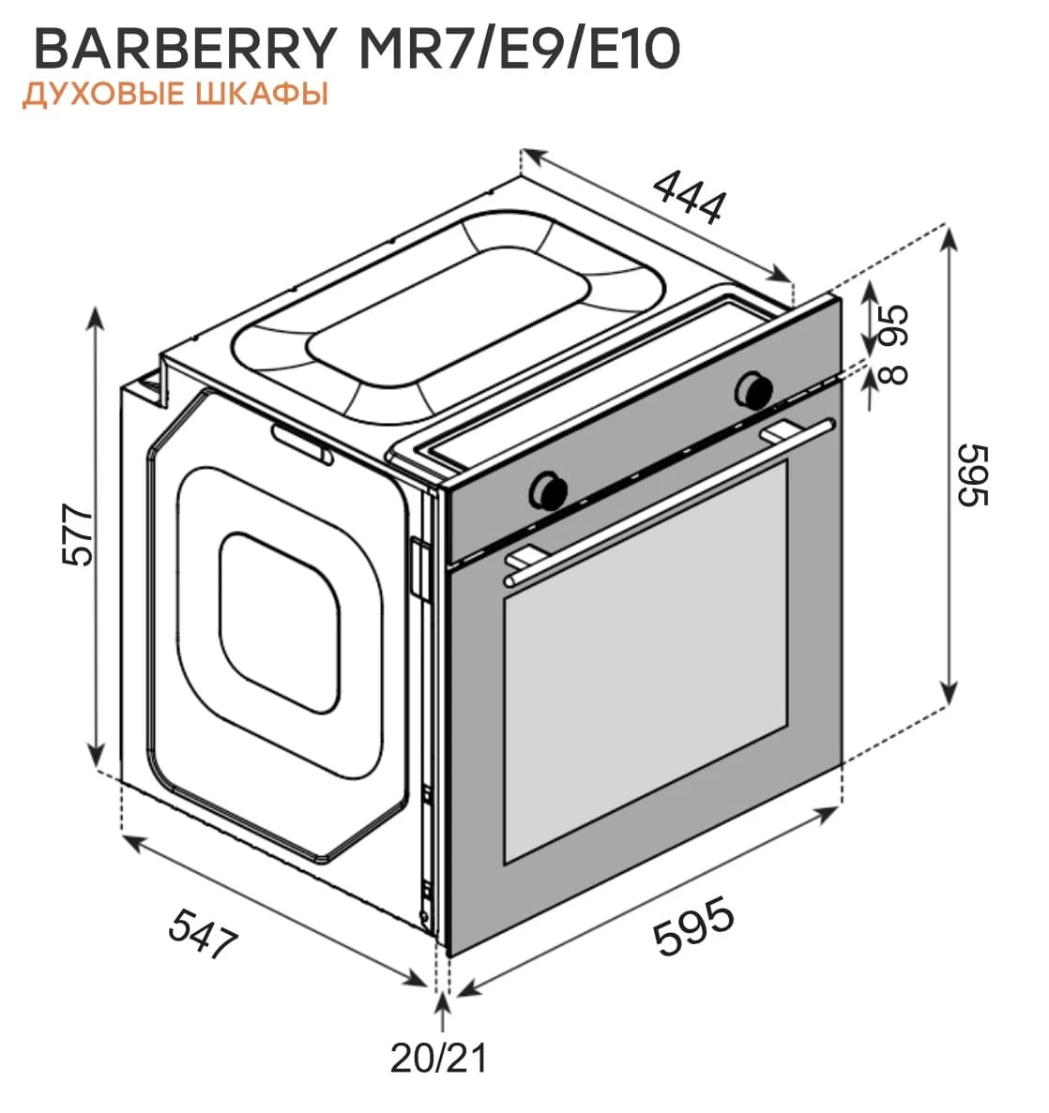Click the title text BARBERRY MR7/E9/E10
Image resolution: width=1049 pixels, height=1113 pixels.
click(357, 49)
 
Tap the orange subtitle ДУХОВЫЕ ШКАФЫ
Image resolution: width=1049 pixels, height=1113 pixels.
click(175, 96)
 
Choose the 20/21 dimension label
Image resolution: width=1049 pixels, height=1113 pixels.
click(439, 1059)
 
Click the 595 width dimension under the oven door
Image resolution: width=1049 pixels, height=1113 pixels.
click(693, 926)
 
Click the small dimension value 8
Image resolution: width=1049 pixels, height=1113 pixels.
click(894, 374)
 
